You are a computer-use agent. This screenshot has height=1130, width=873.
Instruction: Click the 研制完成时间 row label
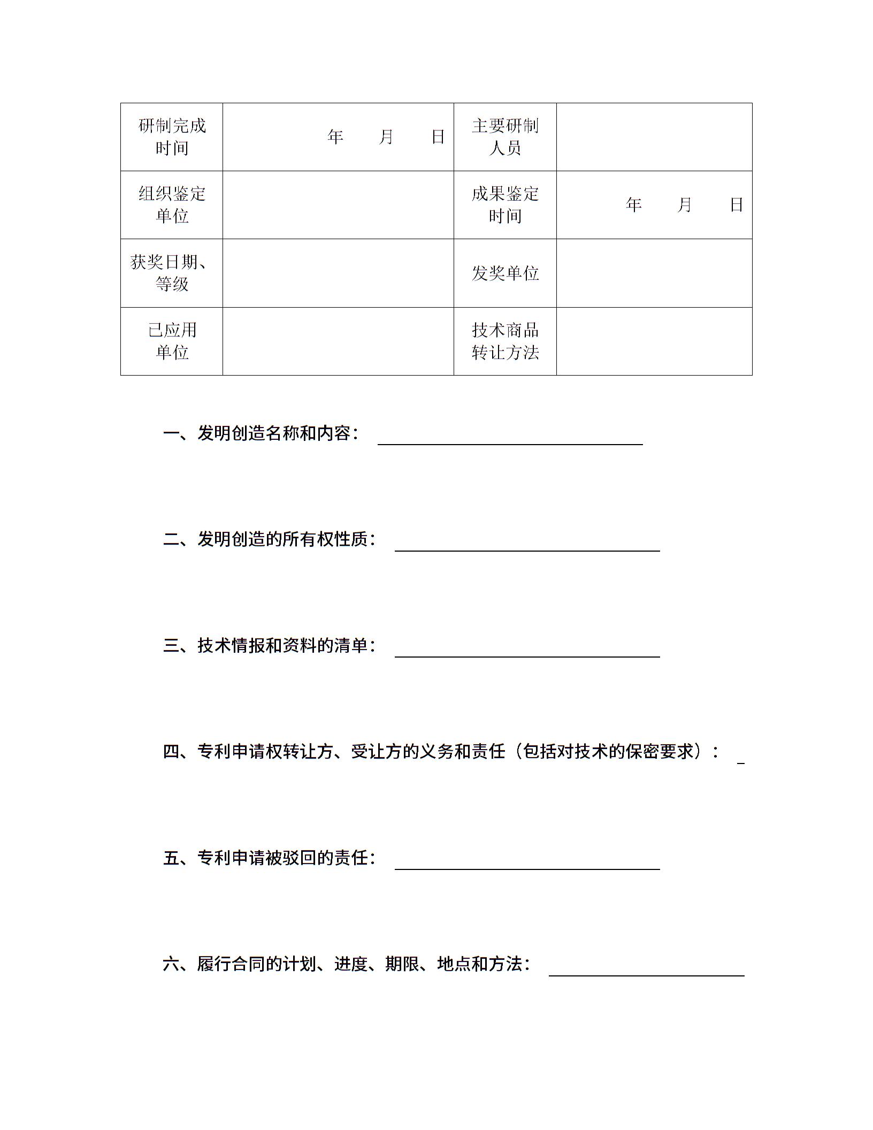click(x=172, y=137)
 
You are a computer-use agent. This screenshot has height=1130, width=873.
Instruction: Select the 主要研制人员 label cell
click(x=505, y=137)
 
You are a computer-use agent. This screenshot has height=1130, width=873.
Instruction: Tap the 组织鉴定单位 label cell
click(x=172, y=205)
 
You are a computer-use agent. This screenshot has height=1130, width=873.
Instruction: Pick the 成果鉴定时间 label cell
click(x=505, y=205)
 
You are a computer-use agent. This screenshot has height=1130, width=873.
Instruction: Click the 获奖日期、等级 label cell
click(x=172, y=273)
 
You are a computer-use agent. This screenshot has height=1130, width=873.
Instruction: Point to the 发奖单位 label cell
click(x=505, y=273)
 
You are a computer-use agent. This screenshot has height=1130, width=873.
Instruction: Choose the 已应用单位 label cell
click(x=172, y=341)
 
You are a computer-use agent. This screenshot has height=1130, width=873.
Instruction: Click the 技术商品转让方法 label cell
click(x=505, y=341)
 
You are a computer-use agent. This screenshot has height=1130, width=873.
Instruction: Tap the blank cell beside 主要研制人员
click(x=654, y=137)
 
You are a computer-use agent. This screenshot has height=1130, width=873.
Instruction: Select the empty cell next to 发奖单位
click(x=654, y=273)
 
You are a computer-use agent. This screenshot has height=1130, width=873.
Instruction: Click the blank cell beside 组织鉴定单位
click(x=338, y=205)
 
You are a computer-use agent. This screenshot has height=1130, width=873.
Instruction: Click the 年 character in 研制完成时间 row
click(x=335, y=138)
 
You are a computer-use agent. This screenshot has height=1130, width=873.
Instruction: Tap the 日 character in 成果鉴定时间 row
click(x=737, y=205)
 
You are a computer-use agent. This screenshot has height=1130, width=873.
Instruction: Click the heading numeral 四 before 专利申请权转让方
click(x=171, y=752)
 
